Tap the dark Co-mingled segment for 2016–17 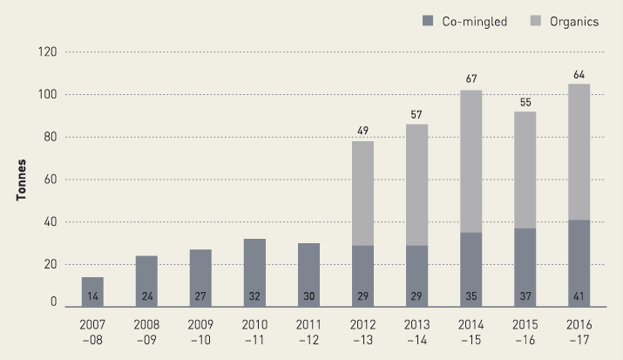pos(579,257)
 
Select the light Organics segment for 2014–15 pos(471,161)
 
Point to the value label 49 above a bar pos(362,132)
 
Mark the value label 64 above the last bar pos(579,76)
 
